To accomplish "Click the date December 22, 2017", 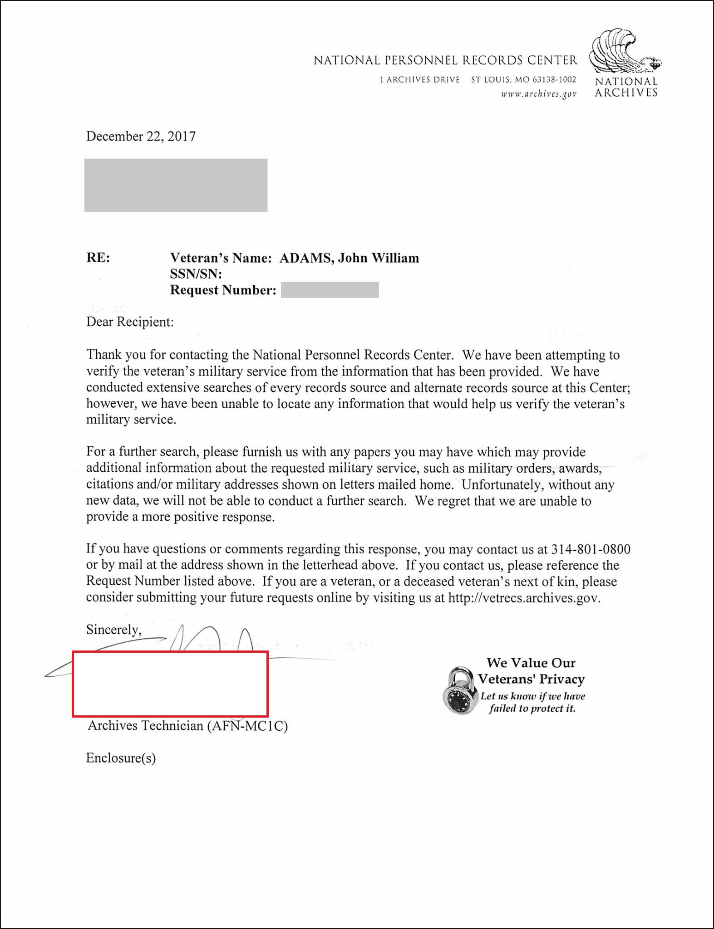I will [141, 137].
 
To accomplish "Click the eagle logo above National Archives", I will [624, 51].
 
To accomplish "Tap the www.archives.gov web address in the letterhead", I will [538, 94].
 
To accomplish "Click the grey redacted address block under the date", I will [176, 185].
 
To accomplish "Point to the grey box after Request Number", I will [330, 290].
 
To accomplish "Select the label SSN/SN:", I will [196, 274].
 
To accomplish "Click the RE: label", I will [98, 258].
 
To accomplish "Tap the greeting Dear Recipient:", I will [130, 322].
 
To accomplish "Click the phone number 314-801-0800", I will [591, 549].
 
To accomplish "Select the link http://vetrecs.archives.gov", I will [524, 598].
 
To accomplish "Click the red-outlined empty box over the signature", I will [170, 684].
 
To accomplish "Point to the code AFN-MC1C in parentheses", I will [247, 726].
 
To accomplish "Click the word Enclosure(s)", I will [121, 758].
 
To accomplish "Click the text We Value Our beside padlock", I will [531, 663].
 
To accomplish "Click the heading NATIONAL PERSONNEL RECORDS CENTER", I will [445, 60].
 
